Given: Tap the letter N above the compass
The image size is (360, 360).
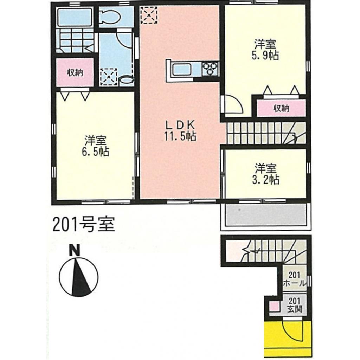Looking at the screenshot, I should point(75,250).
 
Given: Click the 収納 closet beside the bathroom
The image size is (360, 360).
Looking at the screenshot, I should point(75,73).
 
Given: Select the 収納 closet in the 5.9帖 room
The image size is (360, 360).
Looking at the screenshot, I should point(281,108).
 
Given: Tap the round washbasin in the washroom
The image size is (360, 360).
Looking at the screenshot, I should point(124,80).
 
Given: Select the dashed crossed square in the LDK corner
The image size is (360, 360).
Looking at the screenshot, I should point(148,15).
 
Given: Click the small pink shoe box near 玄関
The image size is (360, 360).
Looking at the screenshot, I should point(273,306).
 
